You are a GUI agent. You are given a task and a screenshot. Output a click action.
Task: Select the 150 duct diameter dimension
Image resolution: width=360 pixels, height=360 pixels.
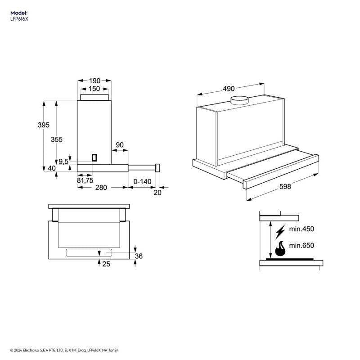(x=94, y=89)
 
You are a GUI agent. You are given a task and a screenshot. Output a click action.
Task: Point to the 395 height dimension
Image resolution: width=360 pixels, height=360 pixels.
(x=44, y=125)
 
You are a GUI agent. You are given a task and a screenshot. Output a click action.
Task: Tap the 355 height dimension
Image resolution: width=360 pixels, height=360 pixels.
(x=57, y=139)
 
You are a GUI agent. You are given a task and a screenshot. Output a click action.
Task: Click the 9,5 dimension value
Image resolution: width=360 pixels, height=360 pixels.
(x=63, y=162)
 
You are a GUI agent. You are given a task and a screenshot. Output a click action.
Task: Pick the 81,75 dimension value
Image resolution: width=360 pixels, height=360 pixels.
(x=85, y=180)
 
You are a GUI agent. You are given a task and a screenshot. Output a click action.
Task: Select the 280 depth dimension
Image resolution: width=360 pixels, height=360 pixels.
(x=101, y=188)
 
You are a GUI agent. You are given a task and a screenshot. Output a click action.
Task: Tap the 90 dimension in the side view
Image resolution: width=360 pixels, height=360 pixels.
(x=120, y=145)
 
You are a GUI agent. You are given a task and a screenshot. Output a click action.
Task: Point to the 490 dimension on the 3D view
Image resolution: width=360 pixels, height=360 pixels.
(x=229, y=89)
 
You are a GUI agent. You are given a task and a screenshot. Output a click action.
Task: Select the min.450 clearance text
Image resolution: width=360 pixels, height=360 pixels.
(x=301, y=229)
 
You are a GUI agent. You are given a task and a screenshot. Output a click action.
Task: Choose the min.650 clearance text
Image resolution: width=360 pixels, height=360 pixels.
(x=301, y=246)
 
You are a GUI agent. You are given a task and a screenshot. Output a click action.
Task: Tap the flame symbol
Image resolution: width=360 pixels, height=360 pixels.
(x=280, y=248)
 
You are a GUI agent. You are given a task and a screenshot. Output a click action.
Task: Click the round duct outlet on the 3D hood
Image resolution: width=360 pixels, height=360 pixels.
(x=240, y=100)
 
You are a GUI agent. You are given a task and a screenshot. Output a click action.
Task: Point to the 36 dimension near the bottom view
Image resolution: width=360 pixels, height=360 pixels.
(x=139, y=256)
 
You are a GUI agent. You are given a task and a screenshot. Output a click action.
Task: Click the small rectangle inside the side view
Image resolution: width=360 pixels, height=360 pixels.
(x=94, y=157)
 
